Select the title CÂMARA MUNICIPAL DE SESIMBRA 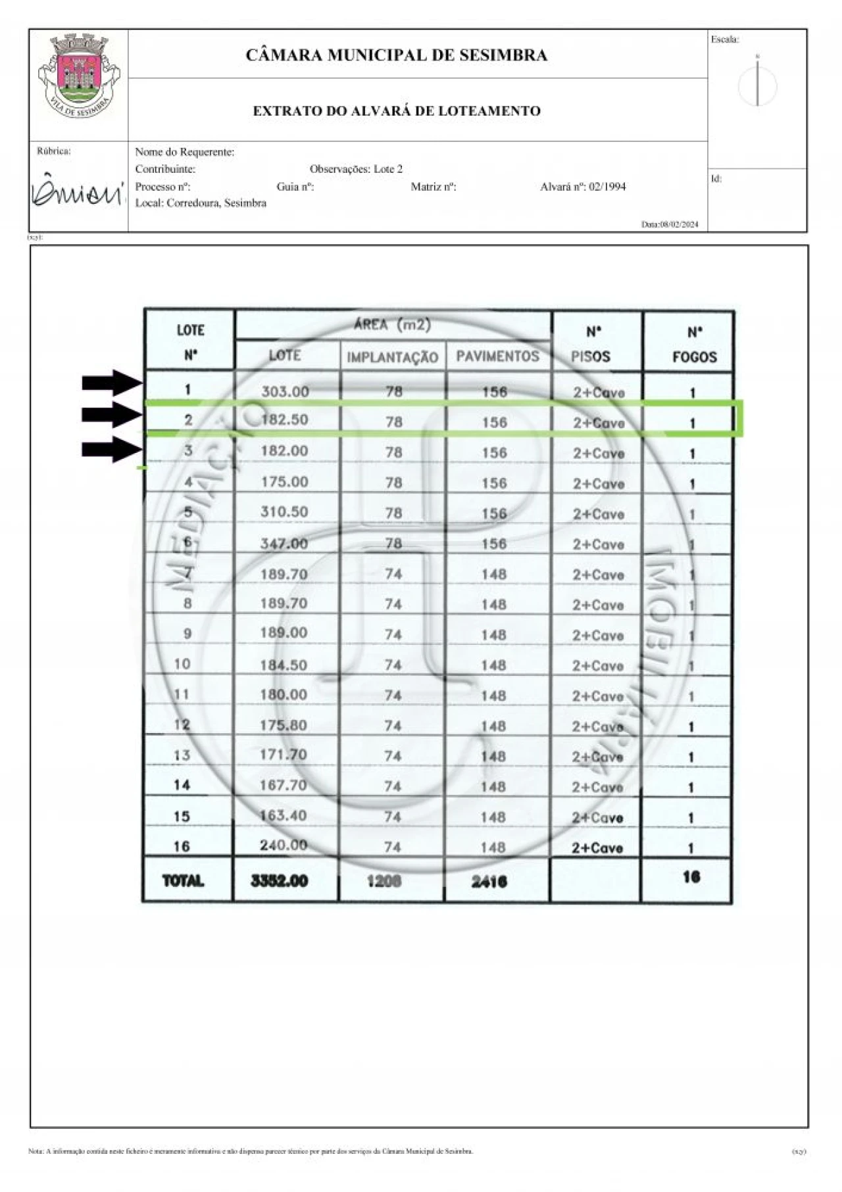coord(396,55)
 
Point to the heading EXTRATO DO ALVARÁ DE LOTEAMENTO coord(397,111)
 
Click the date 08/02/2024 coord(670,225)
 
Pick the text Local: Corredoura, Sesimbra coord(201,203)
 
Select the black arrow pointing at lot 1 coord(112,383)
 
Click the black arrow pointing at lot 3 coord(112,450)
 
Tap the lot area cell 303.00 coord(285,392)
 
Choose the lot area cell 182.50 coord(285,420)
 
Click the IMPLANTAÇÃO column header coord(393,358)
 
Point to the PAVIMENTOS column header coord(497,356)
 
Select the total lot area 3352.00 coord(280,881)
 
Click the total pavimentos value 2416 coord(489,882)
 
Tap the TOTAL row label coord(183,881)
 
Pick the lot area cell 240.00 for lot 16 coord(284,846)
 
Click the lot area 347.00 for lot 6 coord(284,544)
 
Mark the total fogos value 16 coord(691,877)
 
